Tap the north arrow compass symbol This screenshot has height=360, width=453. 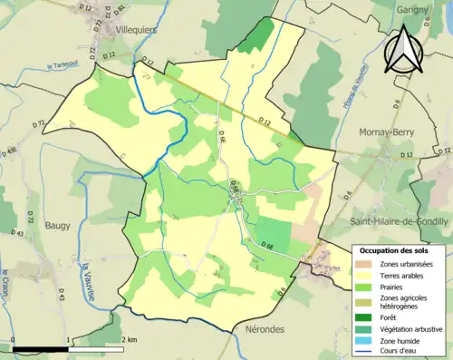(x=405, y=50)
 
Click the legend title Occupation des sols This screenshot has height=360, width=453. (x=395, y=249)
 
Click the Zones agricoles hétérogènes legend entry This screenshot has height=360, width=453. (x=403, y=302)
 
